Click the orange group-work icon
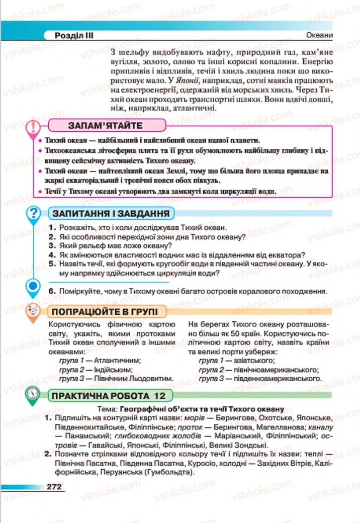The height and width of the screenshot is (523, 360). tap(33, 311)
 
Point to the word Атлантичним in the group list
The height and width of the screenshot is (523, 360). tap(116, 360)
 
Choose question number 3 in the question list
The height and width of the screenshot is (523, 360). tap(51, 246)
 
